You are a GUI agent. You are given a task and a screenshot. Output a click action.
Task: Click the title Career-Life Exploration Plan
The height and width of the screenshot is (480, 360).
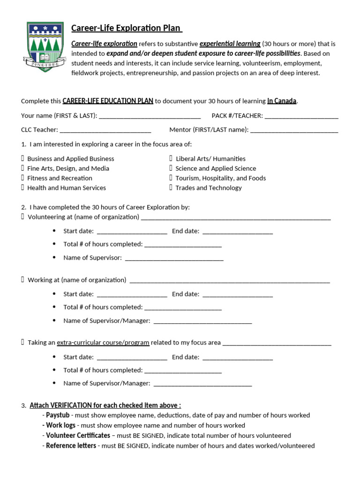point(126,28)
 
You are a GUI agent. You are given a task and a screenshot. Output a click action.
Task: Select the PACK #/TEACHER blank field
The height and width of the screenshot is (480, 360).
point(301,116)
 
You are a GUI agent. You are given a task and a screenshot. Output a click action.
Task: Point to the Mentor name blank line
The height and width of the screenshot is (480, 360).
point(294,130)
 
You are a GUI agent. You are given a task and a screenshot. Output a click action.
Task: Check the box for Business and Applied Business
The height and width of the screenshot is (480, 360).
point(22,158)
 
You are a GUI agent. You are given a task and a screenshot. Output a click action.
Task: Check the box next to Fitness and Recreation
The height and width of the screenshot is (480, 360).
point(22,178)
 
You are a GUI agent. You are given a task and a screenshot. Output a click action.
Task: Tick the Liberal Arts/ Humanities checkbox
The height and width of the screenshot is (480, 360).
point(171,158)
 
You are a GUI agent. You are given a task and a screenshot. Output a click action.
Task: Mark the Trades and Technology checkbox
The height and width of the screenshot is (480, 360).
point(171,187)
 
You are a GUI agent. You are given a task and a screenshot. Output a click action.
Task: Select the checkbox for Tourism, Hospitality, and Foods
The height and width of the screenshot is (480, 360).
point(171,178)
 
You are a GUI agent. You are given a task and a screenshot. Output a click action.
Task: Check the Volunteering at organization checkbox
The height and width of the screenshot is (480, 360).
point(22,217)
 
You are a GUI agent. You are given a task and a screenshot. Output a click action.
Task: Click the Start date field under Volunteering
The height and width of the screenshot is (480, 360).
point(132,231)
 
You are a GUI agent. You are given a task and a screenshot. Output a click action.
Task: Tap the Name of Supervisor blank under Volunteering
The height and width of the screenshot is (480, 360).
point(174,258)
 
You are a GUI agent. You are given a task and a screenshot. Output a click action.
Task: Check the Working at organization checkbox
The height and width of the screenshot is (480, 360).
point(22,280)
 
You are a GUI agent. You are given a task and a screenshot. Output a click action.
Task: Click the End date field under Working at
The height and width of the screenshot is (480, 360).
point(238,294)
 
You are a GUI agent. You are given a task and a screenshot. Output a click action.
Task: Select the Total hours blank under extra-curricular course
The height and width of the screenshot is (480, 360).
point(183,370)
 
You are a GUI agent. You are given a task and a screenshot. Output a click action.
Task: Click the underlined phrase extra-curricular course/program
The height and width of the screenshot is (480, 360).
point(103,343)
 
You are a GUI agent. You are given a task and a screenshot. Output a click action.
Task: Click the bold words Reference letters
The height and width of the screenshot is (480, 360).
point(71,446)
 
